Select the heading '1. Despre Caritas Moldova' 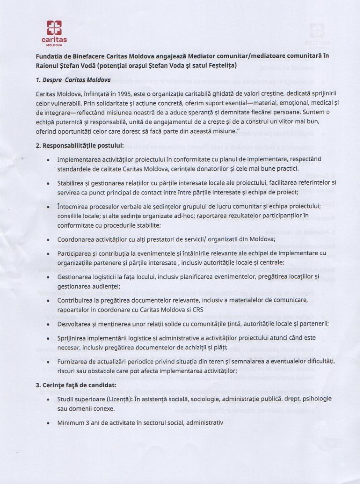(x=73, y=80)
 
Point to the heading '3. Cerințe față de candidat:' (x=76, y=385)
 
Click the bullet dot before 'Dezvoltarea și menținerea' (x=48, y=324)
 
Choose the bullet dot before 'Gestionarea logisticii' (x=48, y=277)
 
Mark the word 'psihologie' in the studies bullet (x=316, y=399)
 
